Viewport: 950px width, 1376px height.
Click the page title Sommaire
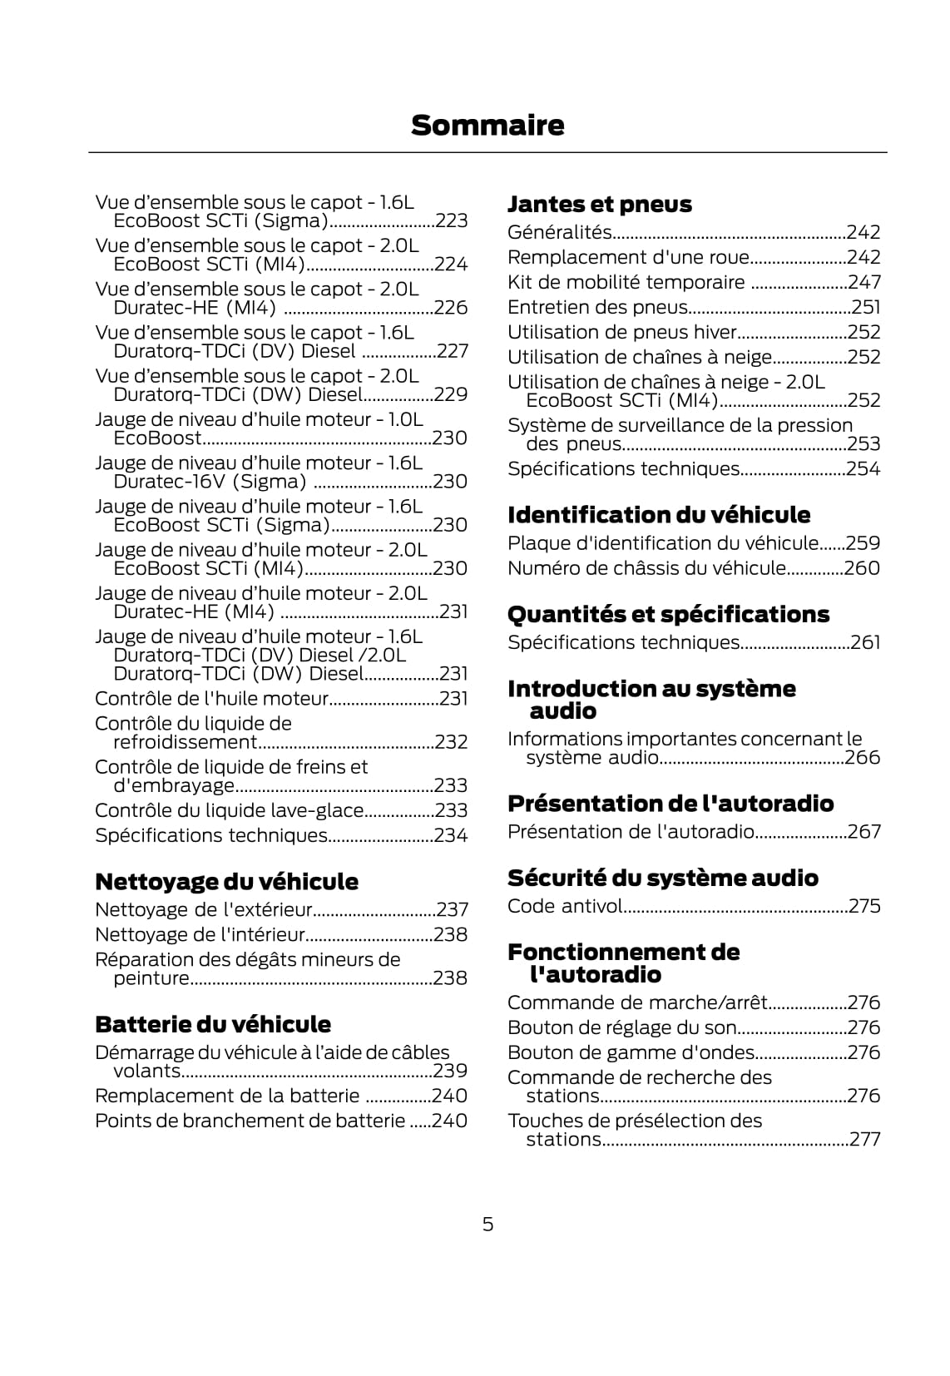tap(487, 126)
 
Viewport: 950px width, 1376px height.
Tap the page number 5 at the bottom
tap(487, 1224)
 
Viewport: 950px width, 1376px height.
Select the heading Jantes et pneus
tap(599, 204)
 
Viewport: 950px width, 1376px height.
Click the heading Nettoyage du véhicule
tap(226, 881)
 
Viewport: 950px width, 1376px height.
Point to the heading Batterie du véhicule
tap(213, 1023)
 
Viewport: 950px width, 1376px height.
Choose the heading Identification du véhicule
tap(659, 515)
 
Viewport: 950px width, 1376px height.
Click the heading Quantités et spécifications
tap(668, 614)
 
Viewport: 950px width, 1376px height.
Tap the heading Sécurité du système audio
tap(662, 878)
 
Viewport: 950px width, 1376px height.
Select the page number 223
tap(452, 221)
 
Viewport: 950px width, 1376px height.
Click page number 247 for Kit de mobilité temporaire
tap(864, 282)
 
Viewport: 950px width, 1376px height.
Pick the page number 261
tap(865, 642)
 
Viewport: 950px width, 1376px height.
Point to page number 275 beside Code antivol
tap(864, 906)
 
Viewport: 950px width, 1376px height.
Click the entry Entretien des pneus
tap(597, 307)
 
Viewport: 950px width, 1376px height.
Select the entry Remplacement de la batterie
tap(227, 1096)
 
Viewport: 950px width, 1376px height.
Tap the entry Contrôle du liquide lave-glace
tap(230, 810)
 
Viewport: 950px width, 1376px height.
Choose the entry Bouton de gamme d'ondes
tap(631, 1052)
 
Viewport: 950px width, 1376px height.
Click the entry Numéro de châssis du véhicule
tap(646, 568)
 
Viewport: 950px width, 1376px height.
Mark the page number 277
tap(864, 1139)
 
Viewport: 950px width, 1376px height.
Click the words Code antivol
tap(565, 906)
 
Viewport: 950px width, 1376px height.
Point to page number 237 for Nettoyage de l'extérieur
tap(453, 909)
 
